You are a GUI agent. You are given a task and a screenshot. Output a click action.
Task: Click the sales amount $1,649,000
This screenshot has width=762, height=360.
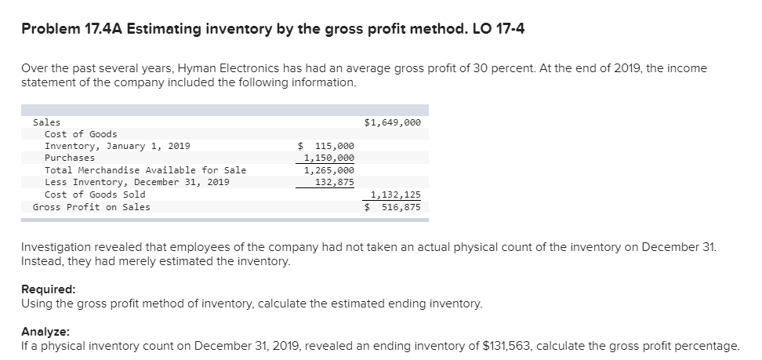pos(393,122)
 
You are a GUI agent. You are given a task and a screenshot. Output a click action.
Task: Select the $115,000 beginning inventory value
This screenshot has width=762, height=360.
pos(327,146)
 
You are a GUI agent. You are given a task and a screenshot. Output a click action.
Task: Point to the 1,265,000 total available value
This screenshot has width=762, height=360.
pos(328,170)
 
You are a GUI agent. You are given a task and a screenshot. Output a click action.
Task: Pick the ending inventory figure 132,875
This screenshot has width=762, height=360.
pos(334,182)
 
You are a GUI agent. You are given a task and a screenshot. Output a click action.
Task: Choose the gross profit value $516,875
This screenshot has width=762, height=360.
pos(394,207)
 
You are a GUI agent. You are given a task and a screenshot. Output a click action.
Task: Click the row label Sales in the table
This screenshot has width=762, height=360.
pos(46,122)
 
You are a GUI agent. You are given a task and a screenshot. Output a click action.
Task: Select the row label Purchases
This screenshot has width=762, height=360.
pos(70,158)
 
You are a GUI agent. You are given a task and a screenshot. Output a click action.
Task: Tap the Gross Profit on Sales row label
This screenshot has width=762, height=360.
pos(92,207)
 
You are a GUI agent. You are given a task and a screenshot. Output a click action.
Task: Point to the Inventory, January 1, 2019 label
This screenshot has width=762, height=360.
pos(117,146)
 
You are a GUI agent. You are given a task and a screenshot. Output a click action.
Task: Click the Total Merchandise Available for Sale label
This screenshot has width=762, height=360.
pos(145,170)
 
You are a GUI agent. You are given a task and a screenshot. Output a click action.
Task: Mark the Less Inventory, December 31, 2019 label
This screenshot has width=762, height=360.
pos(137,182)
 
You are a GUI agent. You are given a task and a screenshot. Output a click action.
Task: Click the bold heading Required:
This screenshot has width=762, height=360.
pos(48,289)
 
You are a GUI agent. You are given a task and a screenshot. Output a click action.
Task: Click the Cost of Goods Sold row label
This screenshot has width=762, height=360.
pos(95,195)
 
